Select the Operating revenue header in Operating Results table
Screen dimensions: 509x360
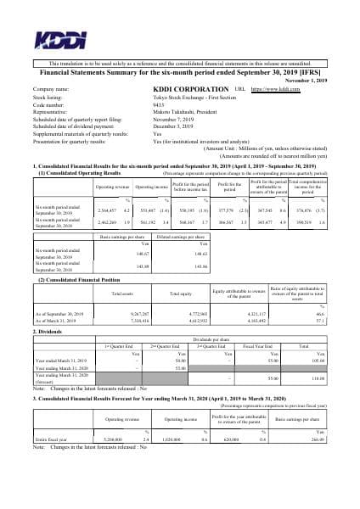pos(112,185)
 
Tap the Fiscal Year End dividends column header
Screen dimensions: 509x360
pos(255,346)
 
